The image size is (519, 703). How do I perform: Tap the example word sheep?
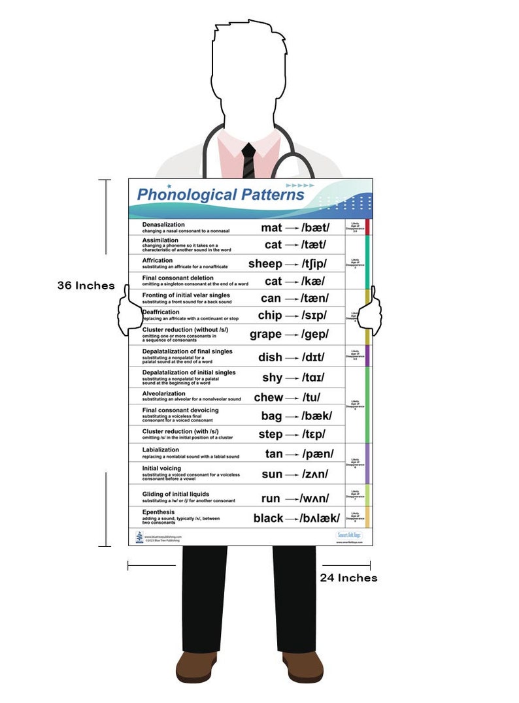265,264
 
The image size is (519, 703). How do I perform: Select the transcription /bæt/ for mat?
316,228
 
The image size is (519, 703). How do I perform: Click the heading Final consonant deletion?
178,278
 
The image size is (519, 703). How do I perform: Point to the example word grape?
265,334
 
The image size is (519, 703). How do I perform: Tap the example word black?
269,518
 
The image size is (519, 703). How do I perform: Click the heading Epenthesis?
158,512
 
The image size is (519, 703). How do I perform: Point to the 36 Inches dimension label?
86,286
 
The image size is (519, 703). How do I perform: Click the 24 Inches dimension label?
348,578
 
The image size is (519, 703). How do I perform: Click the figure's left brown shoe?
195,667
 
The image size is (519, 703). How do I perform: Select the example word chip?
270,315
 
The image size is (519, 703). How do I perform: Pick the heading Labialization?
160,450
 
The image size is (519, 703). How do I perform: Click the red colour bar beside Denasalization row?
367,227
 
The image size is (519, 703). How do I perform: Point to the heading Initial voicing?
163,468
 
